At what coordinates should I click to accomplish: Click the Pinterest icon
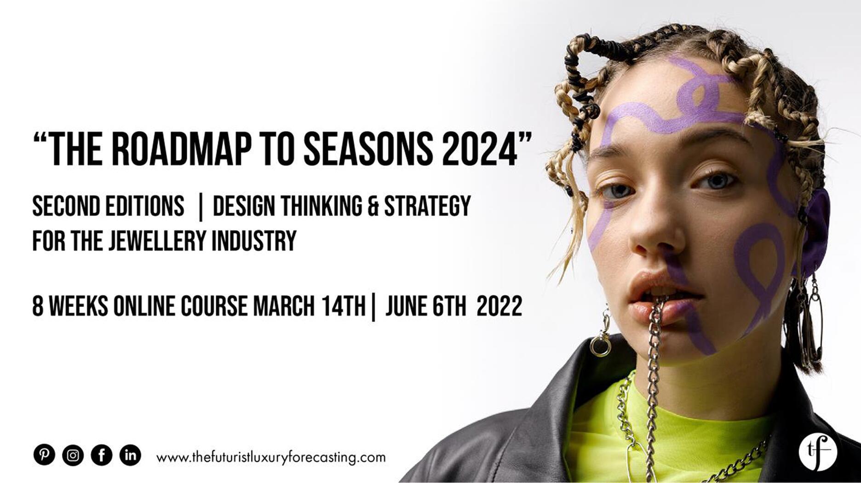point(44,455)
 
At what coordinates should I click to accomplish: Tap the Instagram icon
point(73,455)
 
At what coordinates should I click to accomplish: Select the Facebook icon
point(102,455)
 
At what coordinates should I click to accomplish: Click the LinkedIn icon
point(131,455)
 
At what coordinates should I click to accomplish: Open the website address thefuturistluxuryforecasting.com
point(271,458)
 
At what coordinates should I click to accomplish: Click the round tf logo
point(817,452)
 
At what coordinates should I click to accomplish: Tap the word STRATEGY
point(427,206)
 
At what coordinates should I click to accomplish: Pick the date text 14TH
point(343,306)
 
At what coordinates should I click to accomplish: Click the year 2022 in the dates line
point(499,306)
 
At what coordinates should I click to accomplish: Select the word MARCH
point(284,306)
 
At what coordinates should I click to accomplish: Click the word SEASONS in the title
point(368,149)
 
